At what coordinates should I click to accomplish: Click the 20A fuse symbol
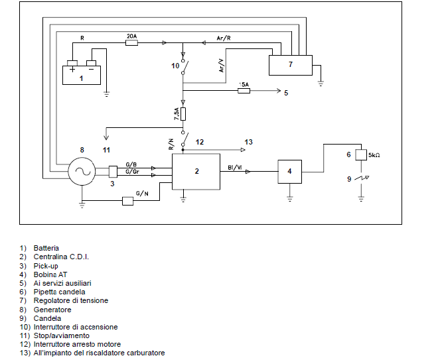click(x=131, y=43)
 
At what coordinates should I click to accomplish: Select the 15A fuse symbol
click(x=244, y=91)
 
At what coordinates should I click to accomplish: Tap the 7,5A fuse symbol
click(x=183, y=114)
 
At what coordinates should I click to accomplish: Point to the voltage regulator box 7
click(x=291, y=66)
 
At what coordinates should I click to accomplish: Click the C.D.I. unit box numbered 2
click(x=196, y=172)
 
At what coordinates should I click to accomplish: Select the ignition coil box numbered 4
click(x=290, y=172)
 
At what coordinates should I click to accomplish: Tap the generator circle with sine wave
click(x=82, y=171)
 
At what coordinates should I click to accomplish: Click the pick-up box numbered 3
click(x=113, y=172)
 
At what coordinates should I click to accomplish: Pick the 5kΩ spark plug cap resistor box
click(x=361, y=154)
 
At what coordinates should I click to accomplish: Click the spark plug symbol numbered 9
click(x=362, y=178)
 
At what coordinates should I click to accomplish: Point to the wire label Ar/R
click(x=224, y=38)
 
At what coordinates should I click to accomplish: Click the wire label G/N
click(x=142, y=194)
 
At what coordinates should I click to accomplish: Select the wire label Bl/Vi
click(x=235, y=168)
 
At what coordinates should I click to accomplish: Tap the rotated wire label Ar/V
click(x=222, y=66)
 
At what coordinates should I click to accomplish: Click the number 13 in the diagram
click(x=248, y=142)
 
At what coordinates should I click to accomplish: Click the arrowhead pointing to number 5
click(x=279, y=91)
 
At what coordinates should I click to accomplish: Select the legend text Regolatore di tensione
click(x=71, y=300)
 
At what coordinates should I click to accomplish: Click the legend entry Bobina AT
click(x=50, y=274)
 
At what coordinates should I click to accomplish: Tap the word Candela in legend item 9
click(x=47, y=318)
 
